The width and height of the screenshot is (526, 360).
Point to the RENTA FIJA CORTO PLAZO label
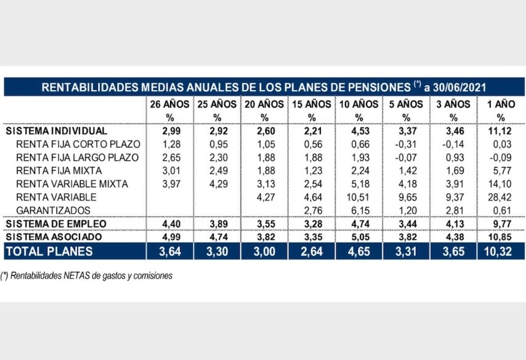click(78, 144)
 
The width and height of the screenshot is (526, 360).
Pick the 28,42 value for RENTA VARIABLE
click(501, 197)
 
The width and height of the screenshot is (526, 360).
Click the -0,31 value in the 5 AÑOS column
click(406, 144)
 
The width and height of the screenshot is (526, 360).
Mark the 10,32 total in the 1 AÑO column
click(501, 251)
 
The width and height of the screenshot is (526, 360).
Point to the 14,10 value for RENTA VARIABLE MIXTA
click(501, 184)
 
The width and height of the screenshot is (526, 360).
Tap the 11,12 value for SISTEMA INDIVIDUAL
click(501, 131)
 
